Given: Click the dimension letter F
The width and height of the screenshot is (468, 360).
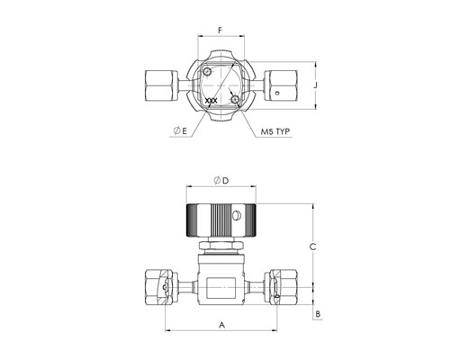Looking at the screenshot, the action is (220, 31).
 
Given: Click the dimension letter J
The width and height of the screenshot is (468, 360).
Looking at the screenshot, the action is (316, 85).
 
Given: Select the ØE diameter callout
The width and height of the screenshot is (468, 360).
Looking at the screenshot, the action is (180, 130).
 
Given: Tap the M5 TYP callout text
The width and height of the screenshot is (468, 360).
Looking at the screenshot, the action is (275, 131).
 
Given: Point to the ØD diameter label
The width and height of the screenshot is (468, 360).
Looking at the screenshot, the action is (221, 180).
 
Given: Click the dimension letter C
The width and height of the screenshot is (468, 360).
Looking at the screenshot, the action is (312, 247).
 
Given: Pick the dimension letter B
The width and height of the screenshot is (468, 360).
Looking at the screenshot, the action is (318, 314).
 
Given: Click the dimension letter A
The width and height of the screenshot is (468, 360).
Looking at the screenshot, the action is (221, 325).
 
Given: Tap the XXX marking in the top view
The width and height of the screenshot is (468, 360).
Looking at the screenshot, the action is (211, 101).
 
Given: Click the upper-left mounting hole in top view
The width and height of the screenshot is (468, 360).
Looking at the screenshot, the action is (207, 72).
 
